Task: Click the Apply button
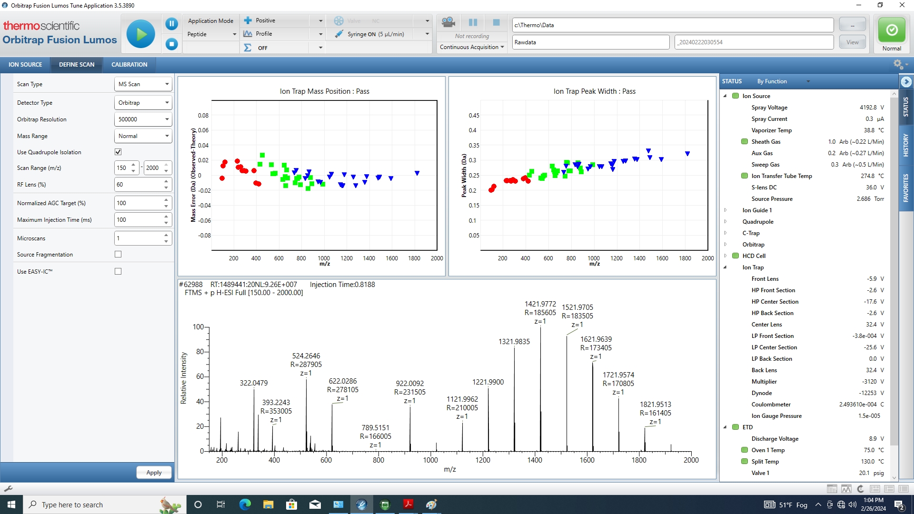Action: pos(154,473)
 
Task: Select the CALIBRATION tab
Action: pos(129,65)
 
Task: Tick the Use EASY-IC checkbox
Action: pos(118,271)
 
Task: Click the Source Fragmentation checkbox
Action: pos(118,255)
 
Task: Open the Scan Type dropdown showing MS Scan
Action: pos(143,84)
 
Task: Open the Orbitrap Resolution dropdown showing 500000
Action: pos(143,119)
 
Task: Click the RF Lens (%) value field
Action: pos(139,185)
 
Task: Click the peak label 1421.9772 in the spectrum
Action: pos(540,304)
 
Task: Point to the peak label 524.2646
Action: pos(306,356)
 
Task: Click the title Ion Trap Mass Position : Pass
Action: pos(324,91)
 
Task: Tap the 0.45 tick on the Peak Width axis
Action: pos(474,116)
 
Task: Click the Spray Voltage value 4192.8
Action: pos(868,108)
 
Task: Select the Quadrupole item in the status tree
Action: pos(758,222)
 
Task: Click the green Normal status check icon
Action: pos(892,30)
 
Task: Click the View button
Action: pos(852,42)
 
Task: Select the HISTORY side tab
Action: pos(905,145)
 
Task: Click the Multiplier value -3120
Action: pos(870,382)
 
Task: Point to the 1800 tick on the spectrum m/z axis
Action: pos(639,460)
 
